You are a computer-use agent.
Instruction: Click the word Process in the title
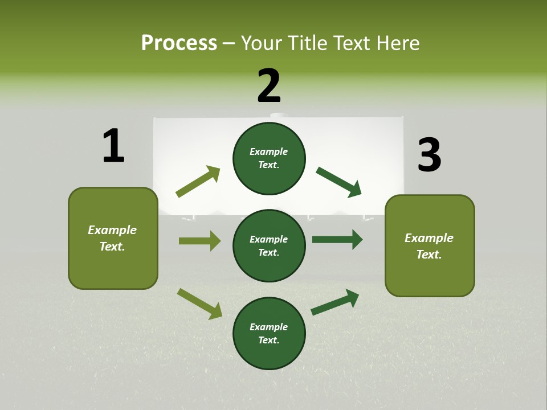tap(179, 43)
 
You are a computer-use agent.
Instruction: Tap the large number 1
tap(113, 146)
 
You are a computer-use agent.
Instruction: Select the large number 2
tap(269, 86)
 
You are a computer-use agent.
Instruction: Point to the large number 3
tap(430, 155)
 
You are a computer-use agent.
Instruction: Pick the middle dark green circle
tap(269, 245)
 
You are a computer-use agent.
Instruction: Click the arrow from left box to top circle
tap(198, 182)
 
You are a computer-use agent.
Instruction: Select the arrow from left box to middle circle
tap(199, 241)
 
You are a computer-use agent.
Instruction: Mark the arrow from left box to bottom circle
tap(199, 304)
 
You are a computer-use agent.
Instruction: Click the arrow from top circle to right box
tap(339, 182)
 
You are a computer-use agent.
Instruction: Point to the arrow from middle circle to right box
tap(337, 240)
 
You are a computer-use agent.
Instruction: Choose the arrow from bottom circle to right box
tap(335, 302)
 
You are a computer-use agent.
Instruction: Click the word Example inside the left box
tap(112, 230)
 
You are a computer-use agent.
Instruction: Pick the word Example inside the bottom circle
tap(268, 327)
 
